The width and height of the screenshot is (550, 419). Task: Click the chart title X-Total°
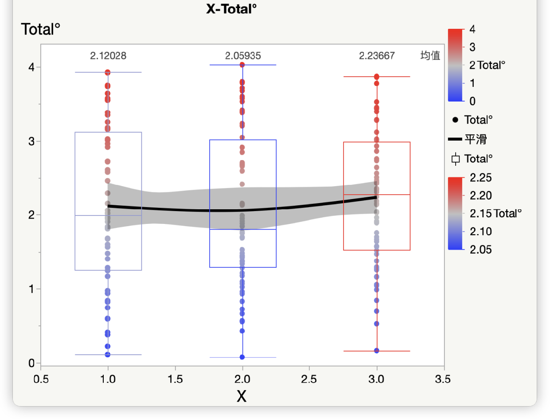tap(231, 8)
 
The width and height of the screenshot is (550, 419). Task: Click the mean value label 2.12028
tap(108, 56)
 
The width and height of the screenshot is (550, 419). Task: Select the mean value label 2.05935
tap(243, 56)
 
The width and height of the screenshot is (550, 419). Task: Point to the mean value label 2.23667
tap(377, 56)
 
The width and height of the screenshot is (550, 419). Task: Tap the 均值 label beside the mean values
tap(430, 56)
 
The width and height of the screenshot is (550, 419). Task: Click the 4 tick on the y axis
tap(32, 67)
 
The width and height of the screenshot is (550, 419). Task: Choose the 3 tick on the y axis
tap(32, 141)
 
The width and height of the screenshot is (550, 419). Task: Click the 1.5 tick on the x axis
tap(175, 379)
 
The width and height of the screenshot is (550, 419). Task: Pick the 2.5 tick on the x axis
tap(309, 379)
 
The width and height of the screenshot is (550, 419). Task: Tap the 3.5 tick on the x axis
tap(443, 379)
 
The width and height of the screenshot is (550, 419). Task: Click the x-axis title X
tap(242, 396)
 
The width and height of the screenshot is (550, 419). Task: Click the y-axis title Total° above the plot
tap(40, 30)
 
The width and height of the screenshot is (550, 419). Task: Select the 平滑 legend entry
tap(476, 139)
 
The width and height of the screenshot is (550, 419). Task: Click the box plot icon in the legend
tap(455, 159)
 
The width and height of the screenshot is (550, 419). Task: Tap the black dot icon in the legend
tap(455, 120)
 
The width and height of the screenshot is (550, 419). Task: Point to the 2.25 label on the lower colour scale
tap(480, 178)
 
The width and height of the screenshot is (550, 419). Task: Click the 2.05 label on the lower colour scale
tap(480, 250)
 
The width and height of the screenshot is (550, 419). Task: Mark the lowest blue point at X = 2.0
tap(242, 357)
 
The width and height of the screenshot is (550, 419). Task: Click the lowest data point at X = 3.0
tap(377, 351)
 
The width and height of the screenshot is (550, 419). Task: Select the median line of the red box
tap(377, 195)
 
